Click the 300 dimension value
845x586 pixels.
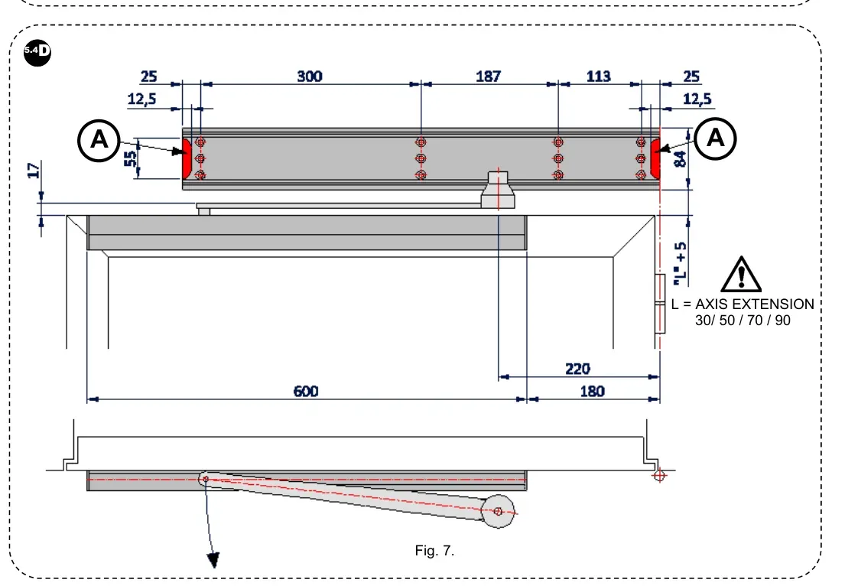pos(309,77)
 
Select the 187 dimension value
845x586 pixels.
pos(488,77)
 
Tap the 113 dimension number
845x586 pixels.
pos(598,77)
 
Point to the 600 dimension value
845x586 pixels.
pos(306,391)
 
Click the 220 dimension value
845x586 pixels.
pos(577,369)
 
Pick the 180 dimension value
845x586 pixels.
pos(592,391)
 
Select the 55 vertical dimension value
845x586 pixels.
pos(131,158)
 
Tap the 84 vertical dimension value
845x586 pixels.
pos(679,158)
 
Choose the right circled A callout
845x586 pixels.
pos(716,138)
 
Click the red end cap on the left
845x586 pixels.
pos(186,158)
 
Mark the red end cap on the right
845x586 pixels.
pos(655,158)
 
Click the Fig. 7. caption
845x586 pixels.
pos(435,551)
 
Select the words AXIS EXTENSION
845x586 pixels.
pos(754,304)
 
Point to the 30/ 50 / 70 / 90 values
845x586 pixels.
pos(743,321)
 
